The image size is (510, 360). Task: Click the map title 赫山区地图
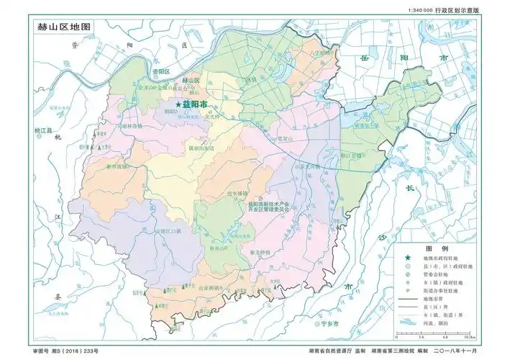coord(65,26)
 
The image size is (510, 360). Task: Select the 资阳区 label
coord(160,72)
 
